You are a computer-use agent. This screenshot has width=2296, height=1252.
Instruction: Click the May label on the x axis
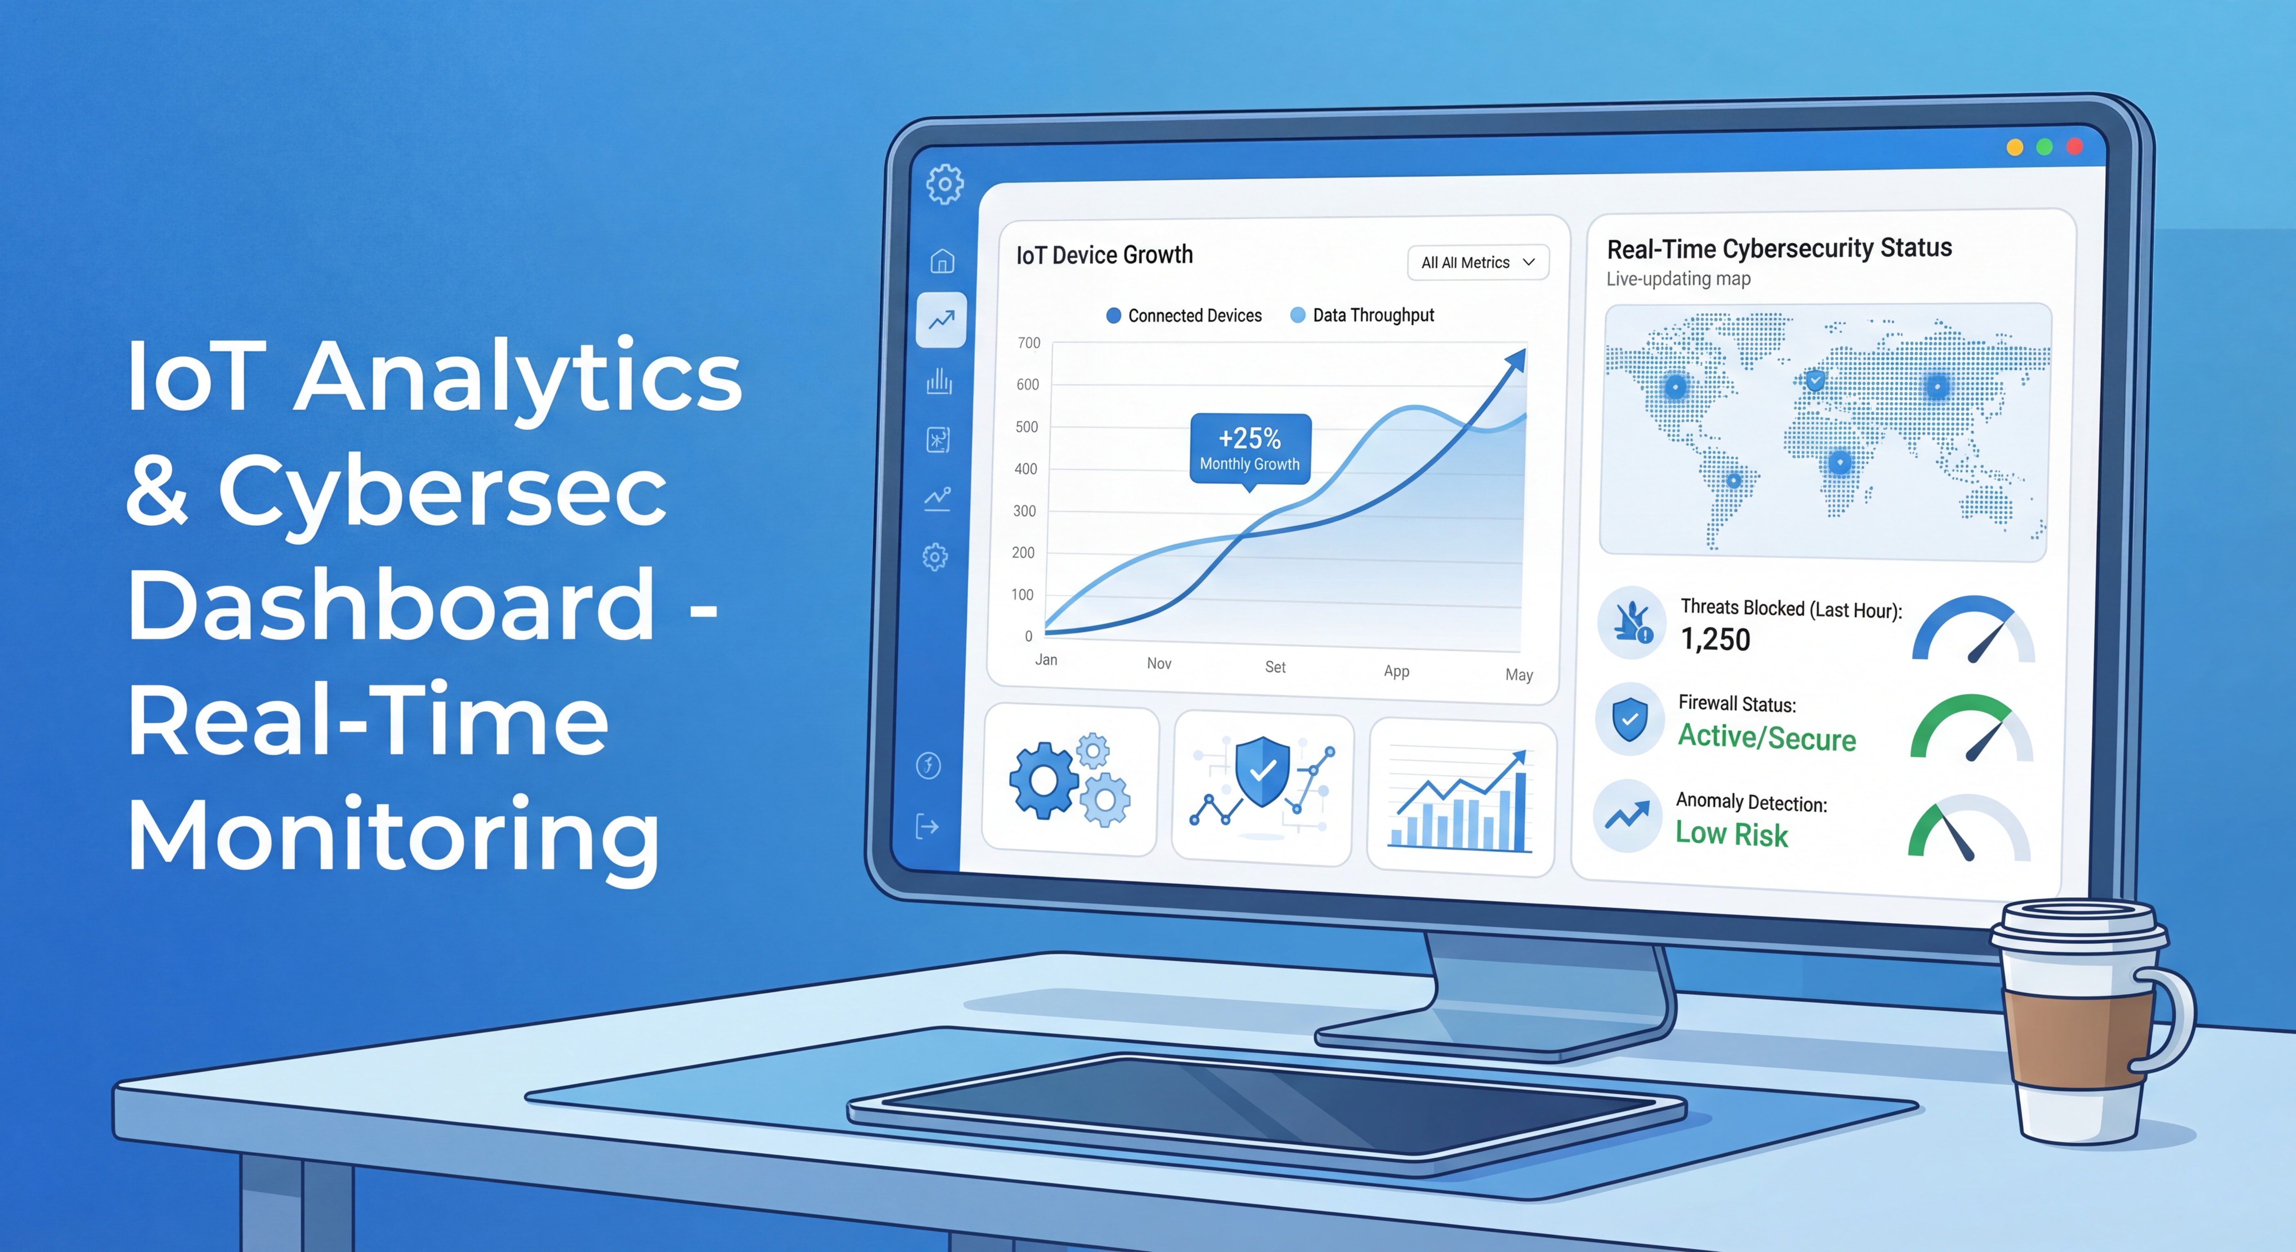tap(1519, 674)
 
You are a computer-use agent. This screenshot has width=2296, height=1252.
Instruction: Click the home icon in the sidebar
tap(942, 261)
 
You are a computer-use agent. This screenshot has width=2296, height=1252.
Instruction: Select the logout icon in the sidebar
tap(927, 827)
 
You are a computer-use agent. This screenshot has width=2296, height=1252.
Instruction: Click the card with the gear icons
tap(1070, 782)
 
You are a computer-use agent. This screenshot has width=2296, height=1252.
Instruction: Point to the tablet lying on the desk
tap(1266, 1109)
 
